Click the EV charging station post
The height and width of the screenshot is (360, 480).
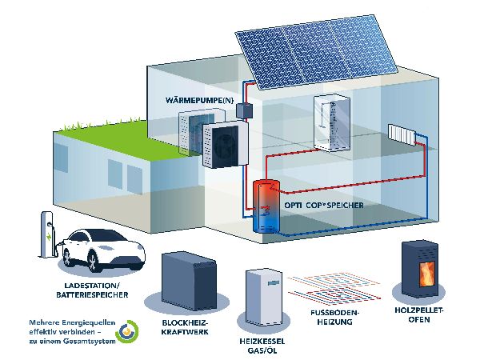point(46,237)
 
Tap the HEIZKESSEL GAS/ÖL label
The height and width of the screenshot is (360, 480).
point(263,346)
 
